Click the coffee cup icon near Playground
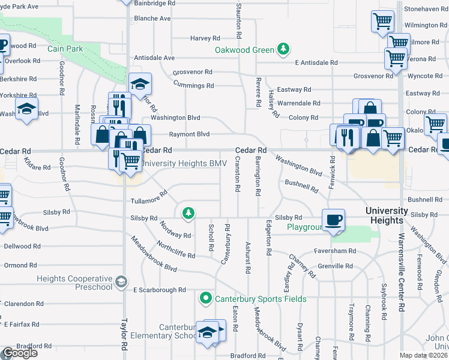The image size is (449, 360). point(333,219)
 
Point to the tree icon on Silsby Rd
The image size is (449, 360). point(188,212)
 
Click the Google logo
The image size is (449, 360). point(20,353)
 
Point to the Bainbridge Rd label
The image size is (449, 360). point(155,3)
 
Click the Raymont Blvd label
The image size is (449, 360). point(189,134)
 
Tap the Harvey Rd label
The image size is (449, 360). point(202,38)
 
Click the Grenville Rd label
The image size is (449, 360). point(335,266)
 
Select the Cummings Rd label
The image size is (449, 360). point(193,86)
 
